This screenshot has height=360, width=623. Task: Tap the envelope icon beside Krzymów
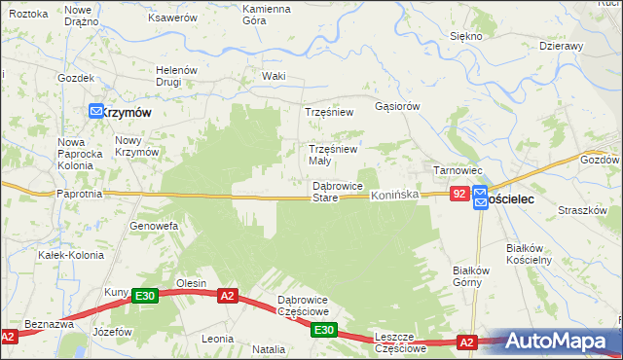click(96, 112)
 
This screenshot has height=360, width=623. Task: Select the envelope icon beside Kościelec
click(480, 196)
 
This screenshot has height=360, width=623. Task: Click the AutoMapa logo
click(564, 342)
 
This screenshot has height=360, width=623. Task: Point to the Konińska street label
click(394, 196)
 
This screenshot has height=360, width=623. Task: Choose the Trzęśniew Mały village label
click(334, 155)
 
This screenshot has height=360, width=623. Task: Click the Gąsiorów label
click(396, 106)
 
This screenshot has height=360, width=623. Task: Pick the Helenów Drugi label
click(177, 76)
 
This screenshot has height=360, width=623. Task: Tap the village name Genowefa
click(153, 226)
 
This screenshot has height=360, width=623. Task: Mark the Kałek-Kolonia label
click(64, 255)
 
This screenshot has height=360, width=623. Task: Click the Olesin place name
click(190, 283)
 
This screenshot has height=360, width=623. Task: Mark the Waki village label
click(274, 76)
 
